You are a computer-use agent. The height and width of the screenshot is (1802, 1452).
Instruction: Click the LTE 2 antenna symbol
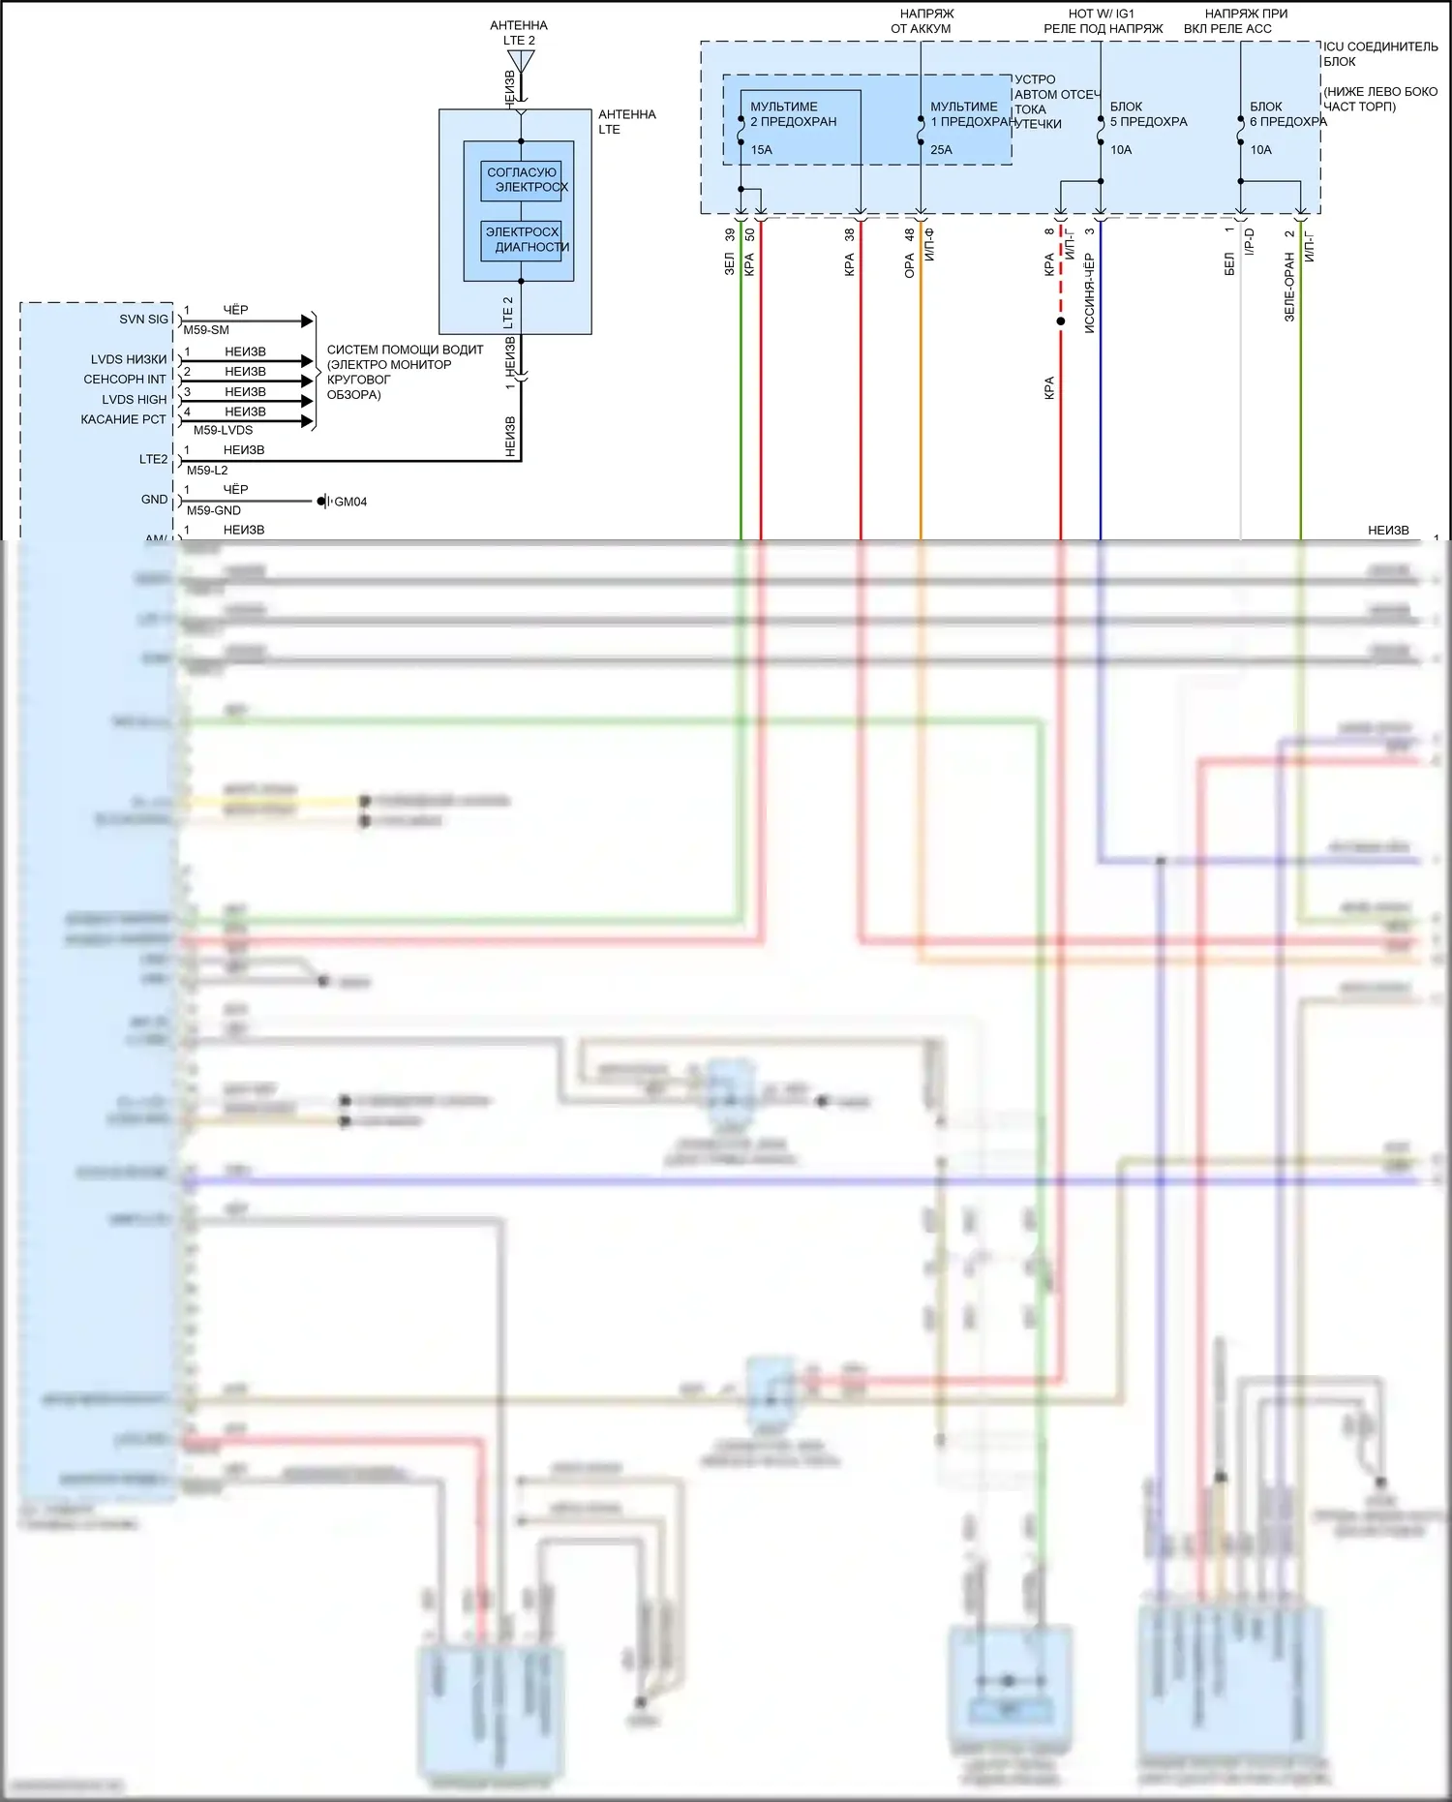coord(521,61)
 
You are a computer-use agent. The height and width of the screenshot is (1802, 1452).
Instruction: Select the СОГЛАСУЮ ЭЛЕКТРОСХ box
coord(522,180)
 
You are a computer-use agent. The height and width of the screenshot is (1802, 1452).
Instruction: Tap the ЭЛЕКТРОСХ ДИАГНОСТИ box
coord(522,240)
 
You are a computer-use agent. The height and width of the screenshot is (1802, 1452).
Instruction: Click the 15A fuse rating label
coord(762,150)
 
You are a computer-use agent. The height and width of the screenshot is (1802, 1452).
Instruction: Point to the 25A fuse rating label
coord(941,150)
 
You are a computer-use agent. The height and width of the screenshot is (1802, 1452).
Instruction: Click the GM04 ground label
coord(350,502)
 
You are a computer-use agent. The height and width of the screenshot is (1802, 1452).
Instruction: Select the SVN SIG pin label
coord(143,320)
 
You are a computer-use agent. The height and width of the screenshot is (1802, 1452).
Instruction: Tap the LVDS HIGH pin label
coord(135,400)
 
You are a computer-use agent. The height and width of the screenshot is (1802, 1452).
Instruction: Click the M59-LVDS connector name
coord(223,430)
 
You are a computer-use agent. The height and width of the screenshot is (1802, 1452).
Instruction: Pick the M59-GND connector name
coord(214,510)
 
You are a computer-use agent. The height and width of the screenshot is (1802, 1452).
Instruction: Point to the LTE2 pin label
coord(153,460)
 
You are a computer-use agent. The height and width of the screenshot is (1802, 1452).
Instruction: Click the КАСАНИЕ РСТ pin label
coord(123,419)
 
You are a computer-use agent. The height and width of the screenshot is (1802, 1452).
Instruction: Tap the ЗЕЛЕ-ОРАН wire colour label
coord(1289,288)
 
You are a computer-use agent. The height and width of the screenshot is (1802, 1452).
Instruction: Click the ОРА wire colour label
coord(910,266)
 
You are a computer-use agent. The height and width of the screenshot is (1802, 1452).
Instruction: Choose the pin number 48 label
coord(910,234)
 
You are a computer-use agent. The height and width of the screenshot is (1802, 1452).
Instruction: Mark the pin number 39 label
coord(730,234)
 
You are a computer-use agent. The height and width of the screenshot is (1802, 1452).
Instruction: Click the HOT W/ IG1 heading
coord(1102,15)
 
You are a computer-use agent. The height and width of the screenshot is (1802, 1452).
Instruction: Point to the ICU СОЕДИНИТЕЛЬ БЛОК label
coord(1379,53)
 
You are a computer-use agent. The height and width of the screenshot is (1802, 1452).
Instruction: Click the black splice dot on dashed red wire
coord(1061,321)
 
